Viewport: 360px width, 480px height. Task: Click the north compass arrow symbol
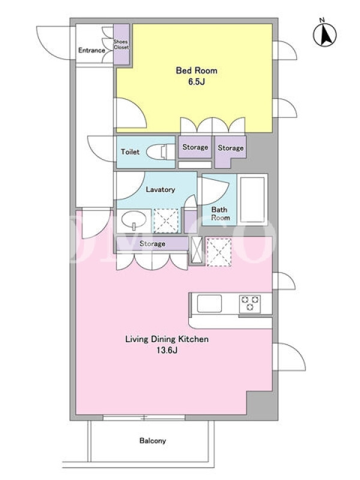coord(325,34)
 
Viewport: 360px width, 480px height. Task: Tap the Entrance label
coord(92,50)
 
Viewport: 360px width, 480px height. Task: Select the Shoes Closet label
coord(121,44)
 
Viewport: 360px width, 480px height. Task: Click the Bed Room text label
coord(197,70)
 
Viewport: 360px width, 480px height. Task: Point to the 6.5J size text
coord(197,82)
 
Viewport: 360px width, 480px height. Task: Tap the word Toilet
coord(130,152)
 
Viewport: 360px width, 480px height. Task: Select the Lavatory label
coord(160,190)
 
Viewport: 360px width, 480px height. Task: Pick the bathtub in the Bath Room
coord(252,199)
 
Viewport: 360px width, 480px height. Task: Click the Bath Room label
coord(220,214)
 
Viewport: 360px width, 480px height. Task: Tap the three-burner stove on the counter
coord(250,304)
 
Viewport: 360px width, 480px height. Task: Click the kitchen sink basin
coord(209,304)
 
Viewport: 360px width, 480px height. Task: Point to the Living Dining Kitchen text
coord(167,339)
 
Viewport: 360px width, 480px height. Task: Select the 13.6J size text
coord(167,350)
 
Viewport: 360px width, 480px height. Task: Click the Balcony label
coord(153,441)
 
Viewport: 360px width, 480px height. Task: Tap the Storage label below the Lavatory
coord(152,244)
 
